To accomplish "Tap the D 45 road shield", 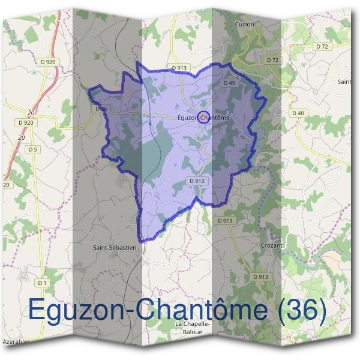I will point(229,83).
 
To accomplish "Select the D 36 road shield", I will point(101,109).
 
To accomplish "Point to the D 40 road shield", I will point(298,113).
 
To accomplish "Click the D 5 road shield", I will point(32,149).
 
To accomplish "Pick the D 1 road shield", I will point(41,283).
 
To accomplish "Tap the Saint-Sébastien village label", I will point(115,247).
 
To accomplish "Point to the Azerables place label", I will point(16,341).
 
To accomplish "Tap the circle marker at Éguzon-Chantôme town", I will point(203,117).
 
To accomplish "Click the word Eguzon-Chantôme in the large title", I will point(147,310).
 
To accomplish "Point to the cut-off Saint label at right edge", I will point(344,81).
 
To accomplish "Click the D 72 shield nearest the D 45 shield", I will point(272,60).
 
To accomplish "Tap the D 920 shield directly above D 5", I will point(26,122).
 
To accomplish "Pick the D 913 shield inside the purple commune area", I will point(197,180).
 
